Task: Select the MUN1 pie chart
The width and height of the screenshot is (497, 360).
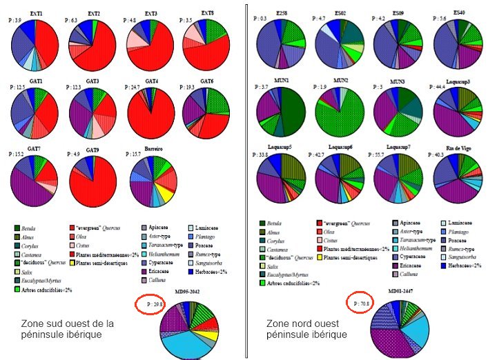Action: pyautogui.click(x=282, y=110)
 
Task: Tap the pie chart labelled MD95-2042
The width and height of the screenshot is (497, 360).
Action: pyautogui.click(x=186, y=326)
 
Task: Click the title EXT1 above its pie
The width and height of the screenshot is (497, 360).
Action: pyautogui.click(x=37, y=14)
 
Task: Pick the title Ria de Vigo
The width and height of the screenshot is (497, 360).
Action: pyautogui.click(x=459, y=147)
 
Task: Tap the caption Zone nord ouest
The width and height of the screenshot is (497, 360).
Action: pyautogui.click(x=306, y=328)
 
